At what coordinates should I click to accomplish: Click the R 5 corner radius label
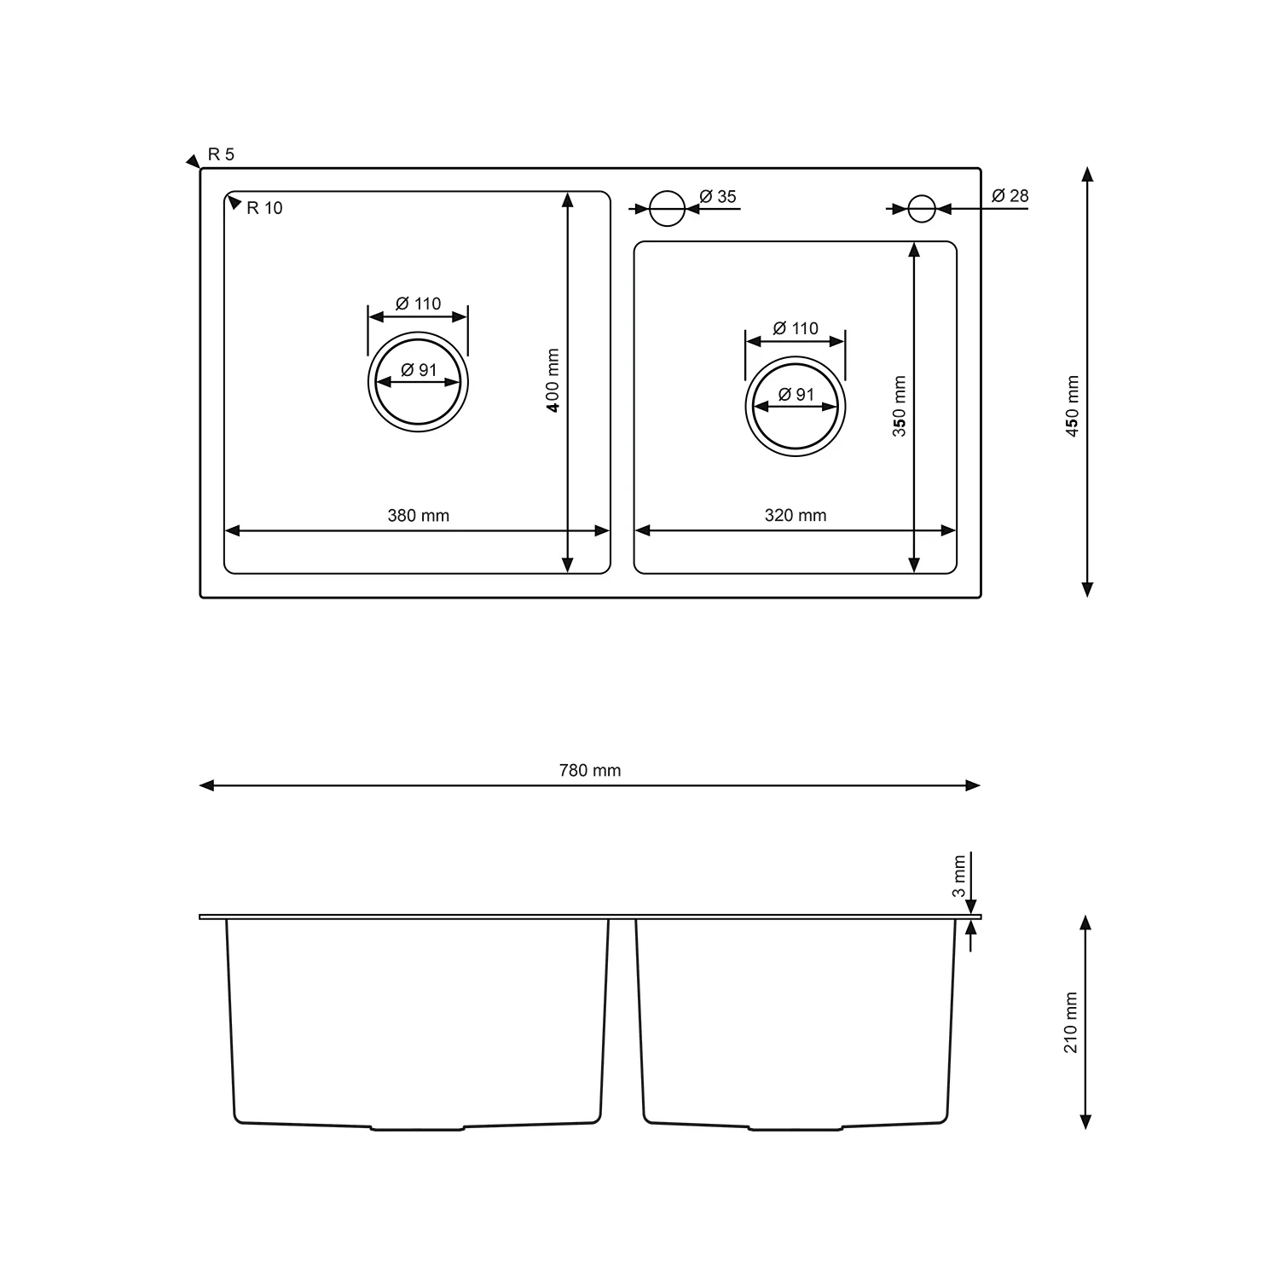221,154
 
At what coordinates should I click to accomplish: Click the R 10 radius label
264,208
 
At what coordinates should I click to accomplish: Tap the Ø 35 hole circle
667,208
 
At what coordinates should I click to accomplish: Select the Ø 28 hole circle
921,208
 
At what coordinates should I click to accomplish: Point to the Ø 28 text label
1010,196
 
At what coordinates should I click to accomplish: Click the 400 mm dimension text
553,380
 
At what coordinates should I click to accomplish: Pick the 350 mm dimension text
899,406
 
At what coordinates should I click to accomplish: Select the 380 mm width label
418,515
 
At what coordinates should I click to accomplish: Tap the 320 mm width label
795,515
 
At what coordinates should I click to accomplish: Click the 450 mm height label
1073,406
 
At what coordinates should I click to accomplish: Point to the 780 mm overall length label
589,770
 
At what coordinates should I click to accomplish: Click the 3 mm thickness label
959,876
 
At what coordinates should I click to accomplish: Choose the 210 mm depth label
1072,1022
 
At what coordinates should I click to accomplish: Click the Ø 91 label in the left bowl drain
418,370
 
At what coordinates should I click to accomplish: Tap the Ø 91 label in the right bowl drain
796,395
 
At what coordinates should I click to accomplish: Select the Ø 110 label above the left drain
418,304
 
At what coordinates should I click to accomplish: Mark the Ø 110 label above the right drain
795,328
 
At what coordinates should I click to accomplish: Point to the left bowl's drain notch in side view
418,1128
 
